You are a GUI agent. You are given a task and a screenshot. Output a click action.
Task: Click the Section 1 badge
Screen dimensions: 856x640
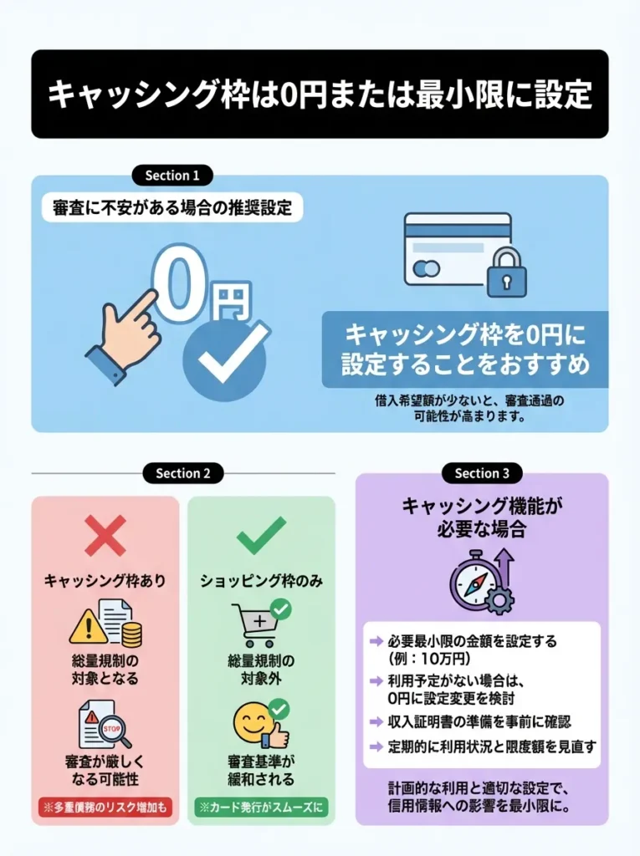[172, 176]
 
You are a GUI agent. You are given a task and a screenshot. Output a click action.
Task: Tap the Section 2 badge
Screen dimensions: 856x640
[183, 473]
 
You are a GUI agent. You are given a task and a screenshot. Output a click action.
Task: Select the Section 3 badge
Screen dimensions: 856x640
[482, 473]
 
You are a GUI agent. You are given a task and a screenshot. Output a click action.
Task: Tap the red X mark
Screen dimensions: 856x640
[105, 536]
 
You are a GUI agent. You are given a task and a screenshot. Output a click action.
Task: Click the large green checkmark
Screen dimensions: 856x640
[261, 536]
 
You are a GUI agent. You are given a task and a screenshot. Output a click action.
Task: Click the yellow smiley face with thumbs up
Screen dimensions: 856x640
[256, 724]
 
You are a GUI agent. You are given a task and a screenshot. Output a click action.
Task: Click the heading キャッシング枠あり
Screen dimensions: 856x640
[105, 579]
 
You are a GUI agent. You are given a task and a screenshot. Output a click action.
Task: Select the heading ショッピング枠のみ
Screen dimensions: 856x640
[261, 579]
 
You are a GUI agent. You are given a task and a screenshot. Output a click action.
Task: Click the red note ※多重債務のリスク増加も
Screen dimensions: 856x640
[105, 808]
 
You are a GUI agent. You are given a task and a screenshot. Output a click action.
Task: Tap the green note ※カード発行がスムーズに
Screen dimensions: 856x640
[261, 808]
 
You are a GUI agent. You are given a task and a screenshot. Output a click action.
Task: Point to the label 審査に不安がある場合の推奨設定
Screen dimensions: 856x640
[172, 209]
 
